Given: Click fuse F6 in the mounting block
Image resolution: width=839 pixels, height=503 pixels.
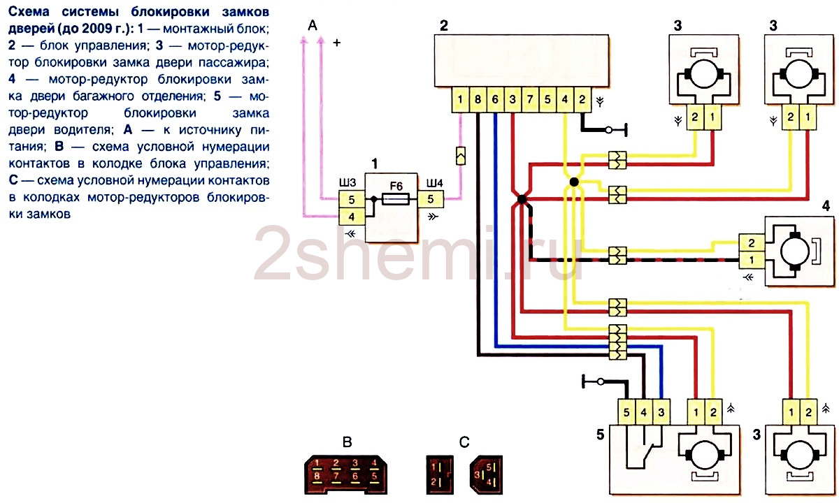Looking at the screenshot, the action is click(x=396, y=198).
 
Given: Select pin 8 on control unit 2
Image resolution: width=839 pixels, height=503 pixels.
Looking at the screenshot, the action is click(x=478, y=99).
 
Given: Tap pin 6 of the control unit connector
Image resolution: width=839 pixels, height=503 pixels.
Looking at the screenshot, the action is click(x=495, y=99).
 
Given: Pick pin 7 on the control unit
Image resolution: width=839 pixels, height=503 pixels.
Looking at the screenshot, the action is click(x=530, y=99).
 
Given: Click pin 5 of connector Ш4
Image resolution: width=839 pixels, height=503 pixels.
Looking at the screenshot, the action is click(x=431, y=199).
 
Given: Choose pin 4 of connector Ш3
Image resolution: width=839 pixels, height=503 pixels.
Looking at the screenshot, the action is click(x=351, y=217).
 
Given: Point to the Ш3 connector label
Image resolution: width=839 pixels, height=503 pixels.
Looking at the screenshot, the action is click(x=347, y=182).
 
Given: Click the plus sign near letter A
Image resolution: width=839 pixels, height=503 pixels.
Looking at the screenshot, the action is click(x=337, y=43).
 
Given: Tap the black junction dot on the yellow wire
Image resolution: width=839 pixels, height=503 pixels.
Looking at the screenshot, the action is click(x=574, y=182).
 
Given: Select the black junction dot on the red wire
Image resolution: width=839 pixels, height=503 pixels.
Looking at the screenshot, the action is click(x=522, y=199).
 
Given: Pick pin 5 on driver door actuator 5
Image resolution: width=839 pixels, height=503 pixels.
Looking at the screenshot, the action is click(x=626, y=412).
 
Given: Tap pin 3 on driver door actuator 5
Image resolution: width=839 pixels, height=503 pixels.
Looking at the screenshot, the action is click(x=661, y=412).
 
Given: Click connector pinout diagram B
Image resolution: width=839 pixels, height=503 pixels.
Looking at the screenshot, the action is click(x=345, y=474).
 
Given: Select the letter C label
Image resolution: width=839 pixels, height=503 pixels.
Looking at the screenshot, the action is click(x=464, y=442).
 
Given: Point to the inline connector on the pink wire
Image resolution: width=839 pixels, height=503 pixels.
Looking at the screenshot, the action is click(x=461, y=156).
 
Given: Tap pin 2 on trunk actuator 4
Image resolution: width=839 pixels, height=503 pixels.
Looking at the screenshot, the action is click(x=752, y=243).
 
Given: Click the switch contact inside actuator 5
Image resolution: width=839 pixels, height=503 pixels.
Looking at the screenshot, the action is click(x=647, y=453).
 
